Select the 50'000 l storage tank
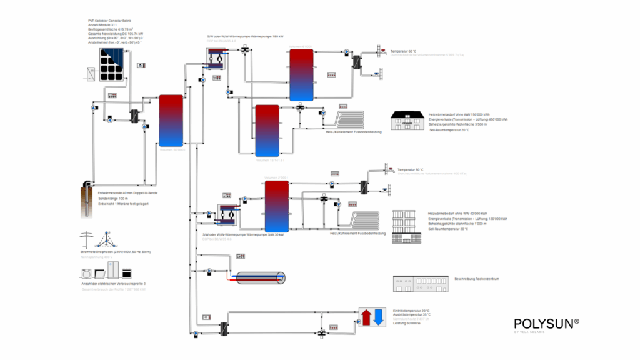click(171, 119)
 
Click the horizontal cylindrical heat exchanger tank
click(259, 278)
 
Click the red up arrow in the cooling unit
click(366, 317)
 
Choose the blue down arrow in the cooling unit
click(379, 317)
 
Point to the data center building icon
click(420, 284)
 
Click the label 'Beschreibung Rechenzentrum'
click(481, 279)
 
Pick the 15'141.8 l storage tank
click(267, 130)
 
